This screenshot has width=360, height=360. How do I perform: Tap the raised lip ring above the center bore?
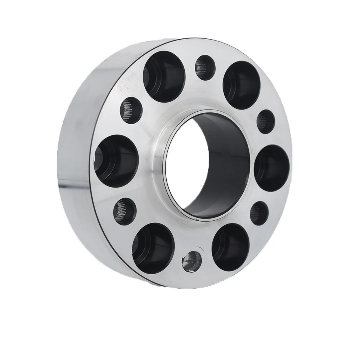coord(180,122)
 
